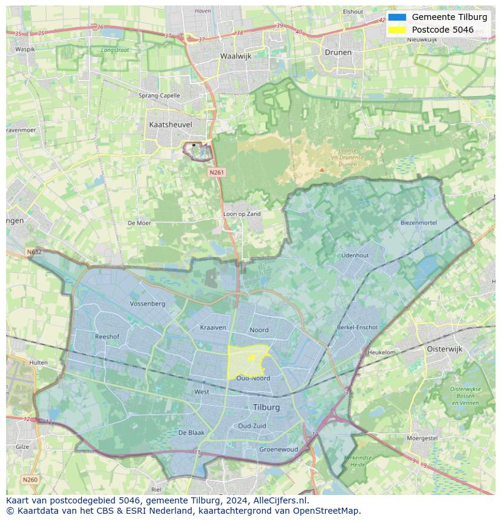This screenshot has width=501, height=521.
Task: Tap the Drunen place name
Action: click(338, 52)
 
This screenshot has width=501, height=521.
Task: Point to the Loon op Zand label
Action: click(242, 214)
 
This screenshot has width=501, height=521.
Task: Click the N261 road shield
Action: click(217, 172)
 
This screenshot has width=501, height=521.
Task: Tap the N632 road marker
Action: click(34, 252)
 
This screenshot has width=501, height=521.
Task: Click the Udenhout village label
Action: click(355, 255)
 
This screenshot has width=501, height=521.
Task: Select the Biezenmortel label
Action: click(418, 223)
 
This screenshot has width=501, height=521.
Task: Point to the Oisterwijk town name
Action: click(444, 349)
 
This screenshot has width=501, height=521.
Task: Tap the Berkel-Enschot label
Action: click(357, 327)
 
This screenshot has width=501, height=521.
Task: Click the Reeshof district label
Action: click(107, 336)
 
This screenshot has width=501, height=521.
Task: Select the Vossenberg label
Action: click(147, 303)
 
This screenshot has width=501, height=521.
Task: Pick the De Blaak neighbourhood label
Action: click(191, 433)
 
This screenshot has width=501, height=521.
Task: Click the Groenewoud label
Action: click(278, 450)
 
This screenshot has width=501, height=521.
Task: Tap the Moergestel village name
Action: click(422, 437)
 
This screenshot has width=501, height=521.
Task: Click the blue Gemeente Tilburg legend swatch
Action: click(397, 17)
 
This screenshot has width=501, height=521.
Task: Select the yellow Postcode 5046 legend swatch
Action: click(397, 30)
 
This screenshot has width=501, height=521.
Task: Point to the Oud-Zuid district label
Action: click(252, 425)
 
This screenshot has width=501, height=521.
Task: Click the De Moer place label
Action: click(139, 223)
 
